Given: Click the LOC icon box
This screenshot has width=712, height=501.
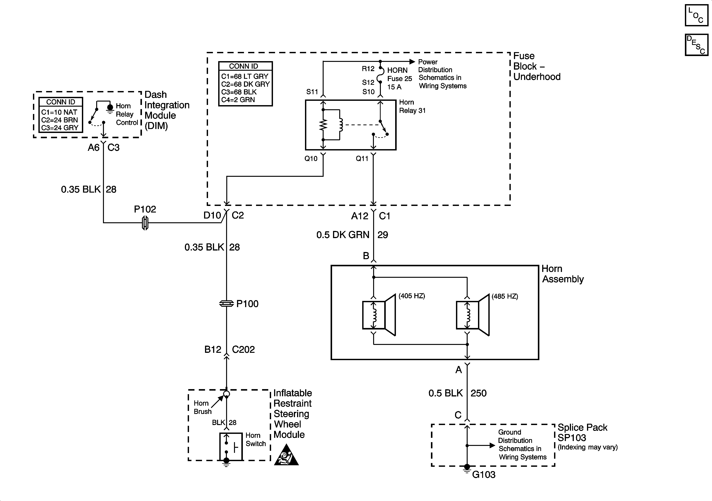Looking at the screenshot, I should click(697, 15).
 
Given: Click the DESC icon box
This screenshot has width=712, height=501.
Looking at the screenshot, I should click(697, 45).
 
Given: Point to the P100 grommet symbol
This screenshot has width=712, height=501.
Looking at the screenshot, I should click(226, 304).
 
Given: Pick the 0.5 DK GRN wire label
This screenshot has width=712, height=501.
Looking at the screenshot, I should click(343, 235).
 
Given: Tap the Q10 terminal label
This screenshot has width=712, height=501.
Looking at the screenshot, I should click(311, 159).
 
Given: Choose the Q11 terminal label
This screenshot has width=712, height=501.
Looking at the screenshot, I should click(362, 159).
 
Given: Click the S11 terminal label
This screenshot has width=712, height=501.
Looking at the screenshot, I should click(312, 92).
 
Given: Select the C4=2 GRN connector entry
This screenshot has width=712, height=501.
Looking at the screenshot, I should click(238, 100).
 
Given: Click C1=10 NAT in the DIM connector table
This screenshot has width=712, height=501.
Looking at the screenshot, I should click(59, 112).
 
